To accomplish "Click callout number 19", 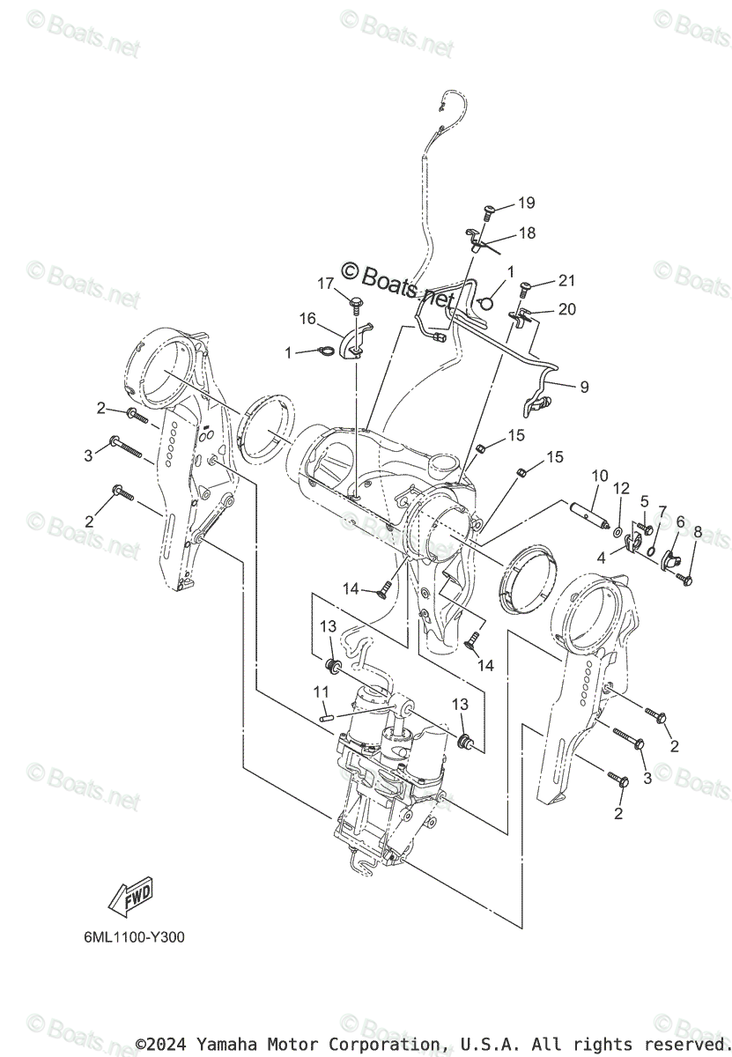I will pyautogui.click(x=526, y=203).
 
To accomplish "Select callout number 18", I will pyautogui.click(x=526, y=233).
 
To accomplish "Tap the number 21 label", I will pyautogui.click(x=566, y=281).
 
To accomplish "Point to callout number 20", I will pyautogui.click(x=566, y=308).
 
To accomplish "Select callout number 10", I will pyautogui.click(x=599, y=477).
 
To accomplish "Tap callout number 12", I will pyautogui.click(x=622, y=488).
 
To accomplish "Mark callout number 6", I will pyautogui.click(x=679, y=521).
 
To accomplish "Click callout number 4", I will pyautogui.click(x=600, y=557).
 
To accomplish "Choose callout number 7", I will pyautogui.click(x=662, y=512).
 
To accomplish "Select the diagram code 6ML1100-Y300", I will pyautogui.click(x=129, y=937).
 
